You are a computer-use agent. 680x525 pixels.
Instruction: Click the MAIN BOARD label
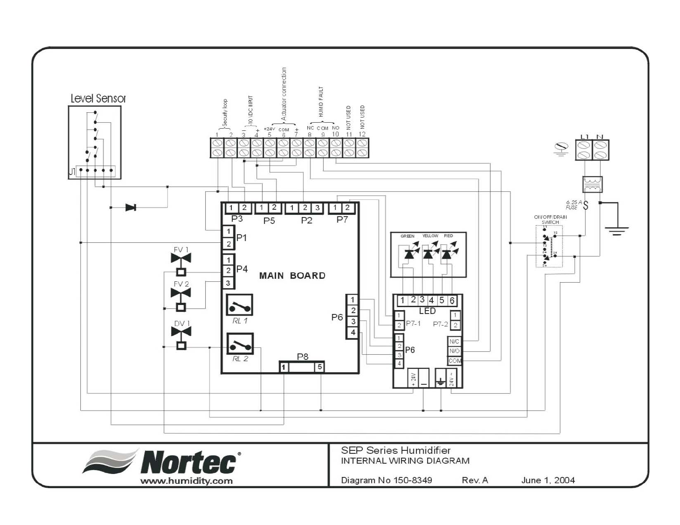292,276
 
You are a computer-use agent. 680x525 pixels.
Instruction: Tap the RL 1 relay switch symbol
239,305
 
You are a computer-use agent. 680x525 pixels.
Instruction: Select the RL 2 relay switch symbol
240,344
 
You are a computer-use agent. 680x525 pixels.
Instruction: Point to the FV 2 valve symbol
181,293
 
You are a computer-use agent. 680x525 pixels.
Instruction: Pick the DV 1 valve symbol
181,332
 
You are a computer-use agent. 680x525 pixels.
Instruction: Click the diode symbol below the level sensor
131,208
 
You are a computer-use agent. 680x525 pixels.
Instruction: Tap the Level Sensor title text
98,99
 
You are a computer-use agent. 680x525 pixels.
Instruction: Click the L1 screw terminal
583,150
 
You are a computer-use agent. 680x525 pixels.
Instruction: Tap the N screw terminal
601,150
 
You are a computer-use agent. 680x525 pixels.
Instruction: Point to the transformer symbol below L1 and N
592,184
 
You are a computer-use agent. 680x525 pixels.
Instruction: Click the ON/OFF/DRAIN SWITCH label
550,220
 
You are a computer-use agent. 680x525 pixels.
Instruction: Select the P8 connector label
303,357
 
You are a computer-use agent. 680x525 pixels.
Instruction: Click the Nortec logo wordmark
189,463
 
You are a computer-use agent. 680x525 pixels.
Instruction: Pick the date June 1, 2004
548,480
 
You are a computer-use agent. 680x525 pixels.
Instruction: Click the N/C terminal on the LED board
454,341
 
